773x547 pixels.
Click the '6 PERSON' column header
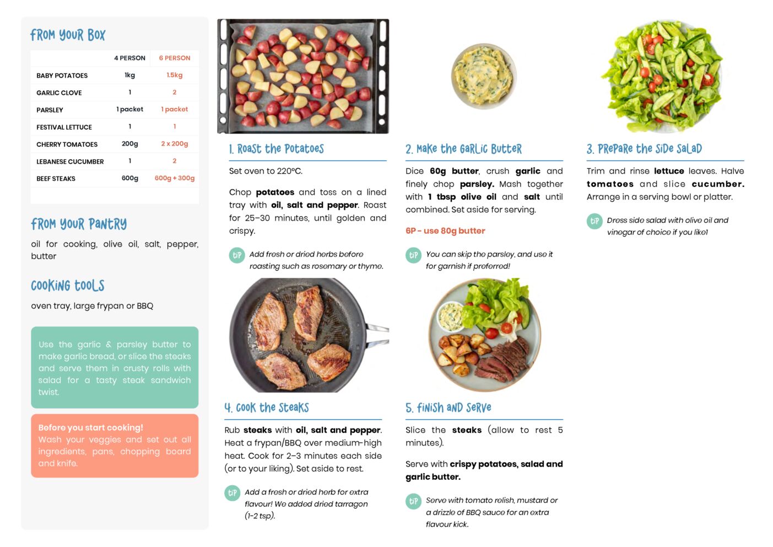pos(174,58)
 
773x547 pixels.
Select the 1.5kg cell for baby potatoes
pos(174,75)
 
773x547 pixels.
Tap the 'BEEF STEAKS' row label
pos(56,179)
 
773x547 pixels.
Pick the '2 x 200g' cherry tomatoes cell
pos(174,144)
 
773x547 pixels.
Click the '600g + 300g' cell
pos(174,178)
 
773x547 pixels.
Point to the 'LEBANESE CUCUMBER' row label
pos(70,162)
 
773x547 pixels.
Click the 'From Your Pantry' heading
pos(79,224)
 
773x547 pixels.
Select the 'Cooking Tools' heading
pos(68,286)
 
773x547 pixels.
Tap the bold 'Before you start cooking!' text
pos(90,427)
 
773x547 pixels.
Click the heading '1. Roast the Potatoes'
pos(277,149)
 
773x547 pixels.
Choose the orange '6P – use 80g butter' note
pos(445,230)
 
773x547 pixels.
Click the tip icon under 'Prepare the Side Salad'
pos(594,221)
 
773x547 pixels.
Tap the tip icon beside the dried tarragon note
pos(233,493)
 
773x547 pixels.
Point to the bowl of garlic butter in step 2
pos(484,76)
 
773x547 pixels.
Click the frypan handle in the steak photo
pos(377,334)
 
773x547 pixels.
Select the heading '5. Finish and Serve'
pos(448,408)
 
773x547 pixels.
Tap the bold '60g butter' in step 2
pos(454,171)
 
